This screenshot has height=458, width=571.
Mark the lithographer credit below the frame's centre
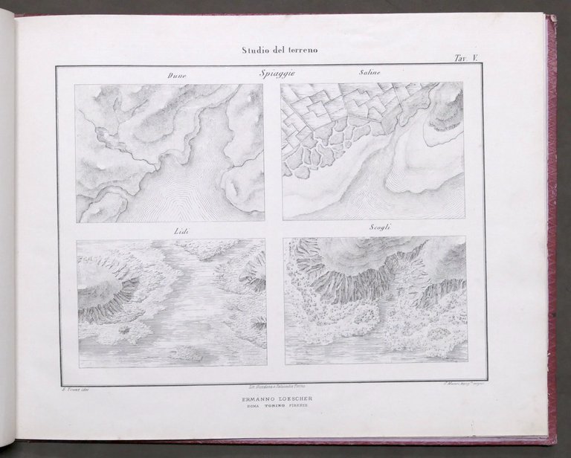pyautogui.click(x=272, y=387)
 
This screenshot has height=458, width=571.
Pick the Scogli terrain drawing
pyautogui.click(x=375, y=301)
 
